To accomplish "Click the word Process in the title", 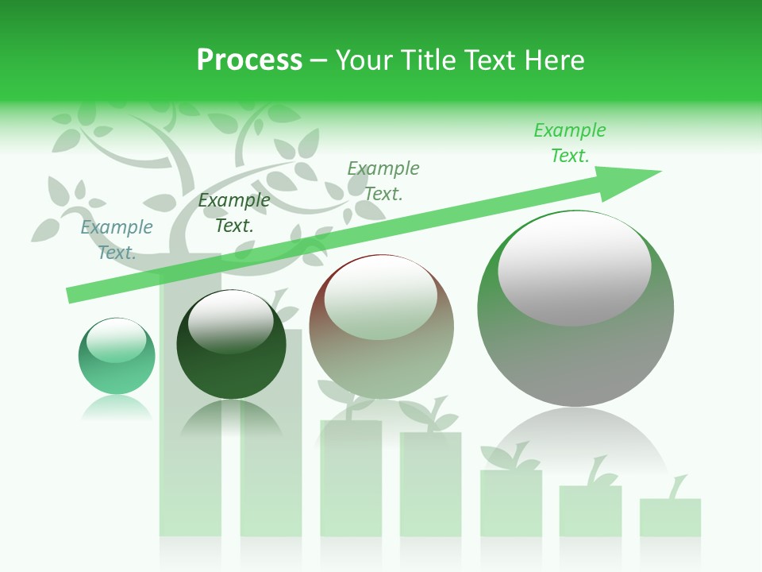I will (x=249, y=60).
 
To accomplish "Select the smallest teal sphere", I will (x=117, y=356).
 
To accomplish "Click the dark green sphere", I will (x=231, y=345).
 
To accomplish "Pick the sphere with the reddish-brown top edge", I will (x=381, y=327).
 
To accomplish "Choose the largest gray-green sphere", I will (x=575, y=309).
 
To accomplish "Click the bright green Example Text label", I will (x=569, y=142).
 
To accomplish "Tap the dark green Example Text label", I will (x=233, y=213).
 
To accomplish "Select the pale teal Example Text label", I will (x=117, y=239).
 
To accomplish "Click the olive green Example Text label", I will (x=383, y=180).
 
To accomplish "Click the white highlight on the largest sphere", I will (x=574, y=269).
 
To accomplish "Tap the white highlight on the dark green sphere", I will (x=230, y=321).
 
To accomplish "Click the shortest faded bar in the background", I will (x=670, y=517).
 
